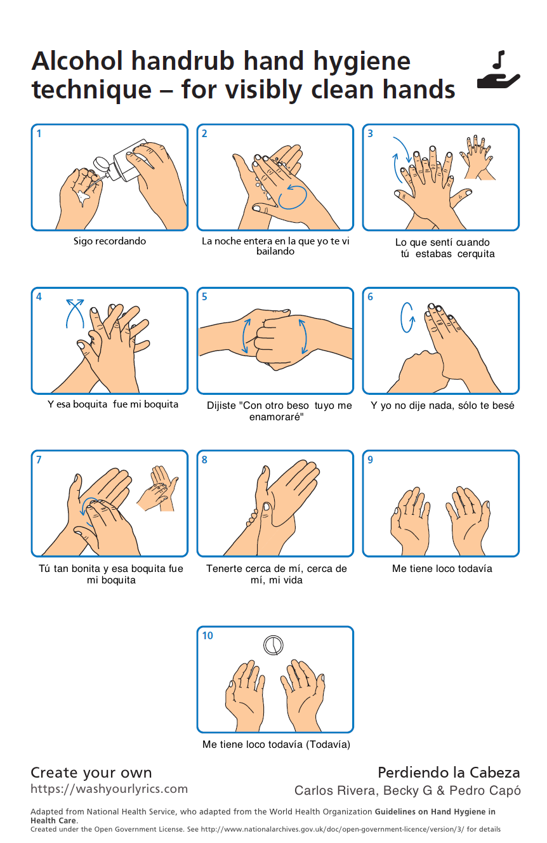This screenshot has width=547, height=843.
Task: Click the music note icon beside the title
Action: click(x=499, y=60)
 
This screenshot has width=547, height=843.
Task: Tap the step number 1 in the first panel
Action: click(x=39, y=133)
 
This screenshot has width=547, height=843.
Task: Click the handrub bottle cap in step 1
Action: click(x=101, y=164)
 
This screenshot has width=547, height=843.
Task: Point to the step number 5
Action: click(x=204, y=296)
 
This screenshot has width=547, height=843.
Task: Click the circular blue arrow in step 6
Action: click(x=407, y=317)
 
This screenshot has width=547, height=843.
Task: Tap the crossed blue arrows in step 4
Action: click(x=75, y=313)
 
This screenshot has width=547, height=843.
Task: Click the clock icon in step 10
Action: click(x=273, y=645)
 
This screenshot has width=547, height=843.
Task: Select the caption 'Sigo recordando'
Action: click(x=110, y=241)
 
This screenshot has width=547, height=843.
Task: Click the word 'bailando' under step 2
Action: click(x=275, y=251)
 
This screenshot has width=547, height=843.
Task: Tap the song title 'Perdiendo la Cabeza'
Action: click(x=449, y=773)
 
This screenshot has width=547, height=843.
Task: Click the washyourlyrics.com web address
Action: click(x=109, y=788)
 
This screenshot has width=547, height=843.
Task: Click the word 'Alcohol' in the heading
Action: click(x=77, y=61)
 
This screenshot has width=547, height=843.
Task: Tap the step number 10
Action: click(x=208, y=635)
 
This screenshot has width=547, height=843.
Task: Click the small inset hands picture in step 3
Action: click(x=477, y=157)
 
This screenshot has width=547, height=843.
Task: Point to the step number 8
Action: click(x=204, y=460)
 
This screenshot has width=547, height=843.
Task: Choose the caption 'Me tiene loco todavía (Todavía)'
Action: click(x=276, y=744)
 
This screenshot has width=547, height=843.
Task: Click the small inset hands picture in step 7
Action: click(x=157, y=488)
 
